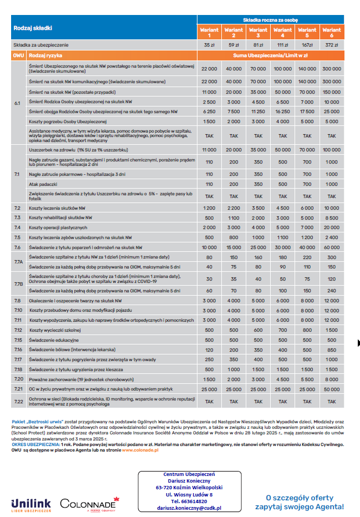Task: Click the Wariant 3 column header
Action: click(258, 33)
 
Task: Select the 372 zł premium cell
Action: click(332, 45)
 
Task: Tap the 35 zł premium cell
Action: click(209, 45)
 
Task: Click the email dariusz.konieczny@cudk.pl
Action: click(189, 508)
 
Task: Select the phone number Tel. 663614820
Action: click(189, 501)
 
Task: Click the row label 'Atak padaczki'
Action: click(44, 184)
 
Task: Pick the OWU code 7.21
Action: click(18, 390)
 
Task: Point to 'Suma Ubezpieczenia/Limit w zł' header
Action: click(270, 56)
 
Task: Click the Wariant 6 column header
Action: click(332, 33)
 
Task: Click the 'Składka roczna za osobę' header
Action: click(270, 19)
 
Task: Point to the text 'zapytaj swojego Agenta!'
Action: click(300, 506)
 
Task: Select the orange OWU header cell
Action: click(18, 56)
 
